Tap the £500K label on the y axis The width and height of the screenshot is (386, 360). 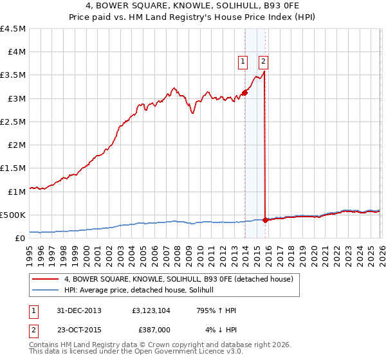13,215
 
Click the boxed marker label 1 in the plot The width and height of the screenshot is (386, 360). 243,62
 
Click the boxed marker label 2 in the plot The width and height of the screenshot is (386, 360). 264,62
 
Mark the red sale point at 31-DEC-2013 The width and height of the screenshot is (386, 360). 245,93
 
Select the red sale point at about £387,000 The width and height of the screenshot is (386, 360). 266,220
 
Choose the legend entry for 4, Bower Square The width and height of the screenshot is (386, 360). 179,279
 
